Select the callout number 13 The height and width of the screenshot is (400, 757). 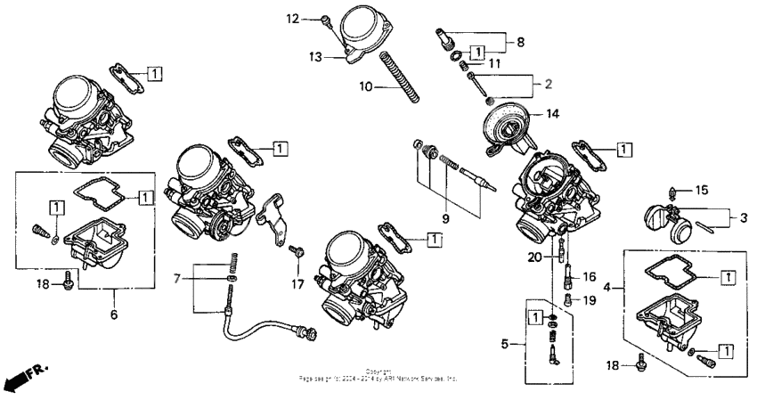click(313, 56)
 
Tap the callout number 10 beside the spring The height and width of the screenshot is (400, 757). click(366, 87)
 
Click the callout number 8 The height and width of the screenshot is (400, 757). click(521, 41)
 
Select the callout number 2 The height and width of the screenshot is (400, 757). click(549, 85)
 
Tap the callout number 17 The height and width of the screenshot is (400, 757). click(296, 284)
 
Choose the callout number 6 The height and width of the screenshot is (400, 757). click(114, 314)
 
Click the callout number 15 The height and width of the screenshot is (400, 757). click(702, 190)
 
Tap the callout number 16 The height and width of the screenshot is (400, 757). click(589, 277)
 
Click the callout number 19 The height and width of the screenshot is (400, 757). click(589, 300)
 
